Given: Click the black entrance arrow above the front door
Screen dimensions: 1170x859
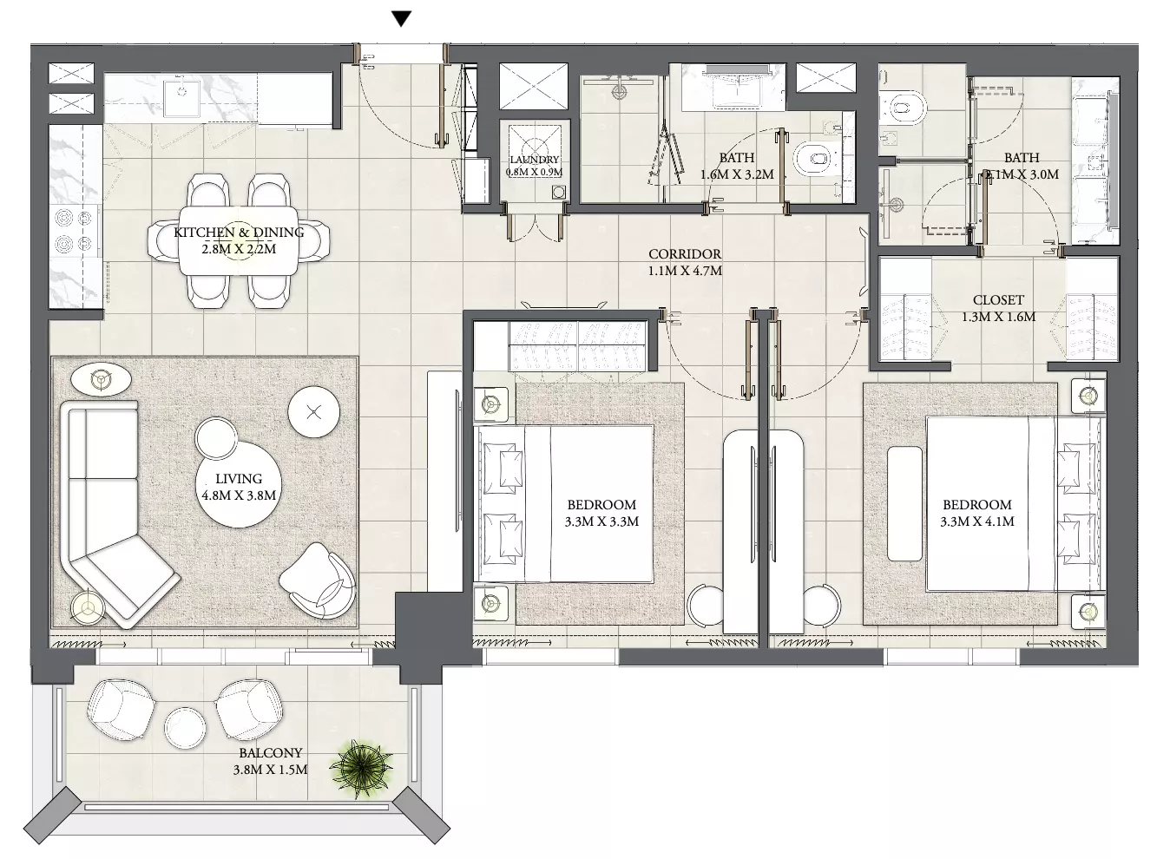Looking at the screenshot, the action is pyautogui.click(x=402, y=19).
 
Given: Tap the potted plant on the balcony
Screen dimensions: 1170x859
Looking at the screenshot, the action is pyautogui.click(x=361, y=768).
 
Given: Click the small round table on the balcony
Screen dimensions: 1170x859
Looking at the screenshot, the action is pyautogui.click(x=185, y=728).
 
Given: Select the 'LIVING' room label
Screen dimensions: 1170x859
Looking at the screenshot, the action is pyautogui.click(x=239, y=478).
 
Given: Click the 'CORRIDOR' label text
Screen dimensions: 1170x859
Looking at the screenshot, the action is pyautogui.click(x=685, y=253).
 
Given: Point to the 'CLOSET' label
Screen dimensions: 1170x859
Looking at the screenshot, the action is pyautogui.click(x=998, y=299).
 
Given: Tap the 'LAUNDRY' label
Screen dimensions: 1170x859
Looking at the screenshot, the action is pyautogui.click(x=535, y=160).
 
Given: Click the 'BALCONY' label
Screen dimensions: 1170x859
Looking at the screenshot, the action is pyautogui.click(x=271, y=752).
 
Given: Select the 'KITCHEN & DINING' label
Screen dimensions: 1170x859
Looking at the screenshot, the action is pyautogui.click(x=239, y=232).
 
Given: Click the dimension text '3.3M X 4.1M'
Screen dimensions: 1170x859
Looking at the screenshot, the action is pyautogui.click(x=977, y=521).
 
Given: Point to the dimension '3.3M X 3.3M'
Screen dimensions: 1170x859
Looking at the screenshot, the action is pyautogui.click(x=601, y=521).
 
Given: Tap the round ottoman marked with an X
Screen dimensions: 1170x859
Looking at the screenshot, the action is pyautogui.click(x=314, y=412).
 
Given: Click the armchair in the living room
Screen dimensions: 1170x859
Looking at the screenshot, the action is pyautogui.click(x=319, y=580).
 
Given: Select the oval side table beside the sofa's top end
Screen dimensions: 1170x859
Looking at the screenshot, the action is pyautogui.click(x=101, y=379).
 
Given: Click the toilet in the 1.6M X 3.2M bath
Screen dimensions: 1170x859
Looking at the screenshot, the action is pyautogui.click(x=815, y=158).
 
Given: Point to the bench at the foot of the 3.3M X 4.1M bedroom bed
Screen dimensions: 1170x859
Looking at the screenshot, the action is pyautogui.click(x=904, y=503).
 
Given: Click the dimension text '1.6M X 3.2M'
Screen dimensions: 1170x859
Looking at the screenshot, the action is pyautogui.click(x=737, y=174).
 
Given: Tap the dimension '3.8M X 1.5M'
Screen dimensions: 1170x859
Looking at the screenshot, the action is pyautogui.click(x=271, y=769).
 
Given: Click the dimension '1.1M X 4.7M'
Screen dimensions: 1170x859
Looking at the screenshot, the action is pyautogui.click(x=685, y=271).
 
